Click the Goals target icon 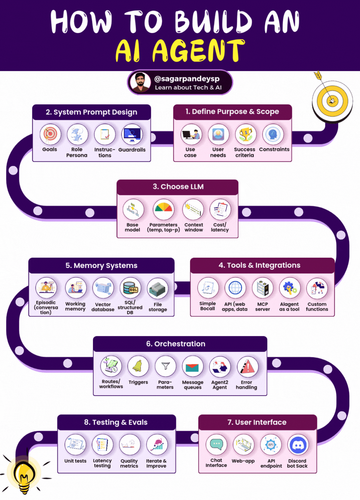50,134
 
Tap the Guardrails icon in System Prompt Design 132,134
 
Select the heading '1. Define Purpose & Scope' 232,112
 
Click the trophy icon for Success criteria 246,134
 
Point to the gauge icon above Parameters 163,210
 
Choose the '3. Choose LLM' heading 178,187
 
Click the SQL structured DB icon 130,288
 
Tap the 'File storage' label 158,307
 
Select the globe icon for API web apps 235,288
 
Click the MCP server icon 263,288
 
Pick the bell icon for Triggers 138,366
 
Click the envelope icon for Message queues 192,367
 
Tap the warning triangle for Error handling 247,367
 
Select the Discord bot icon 298,445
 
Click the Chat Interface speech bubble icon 216,445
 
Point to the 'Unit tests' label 75,461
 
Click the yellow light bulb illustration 24,475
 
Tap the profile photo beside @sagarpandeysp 140,82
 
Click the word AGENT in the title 199,51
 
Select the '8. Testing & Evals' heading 116,422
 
